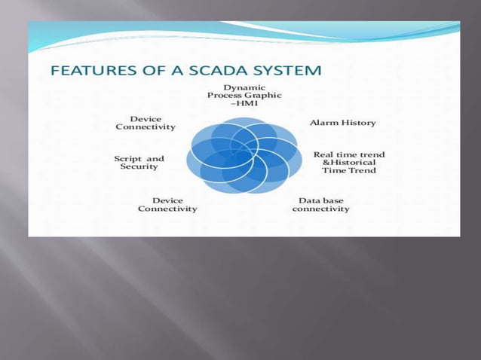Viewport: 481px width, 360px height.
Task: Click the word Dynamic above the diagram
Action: point(239,87)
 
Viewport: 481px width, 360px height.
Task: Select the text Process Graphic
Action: point(239,96)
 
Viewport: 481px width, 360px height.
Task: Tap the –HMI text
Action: point(239,104)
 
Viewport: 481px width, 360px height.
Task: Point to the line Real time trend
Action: point(349,154)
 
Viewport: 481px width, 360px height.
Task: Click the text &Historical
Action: point(349,163)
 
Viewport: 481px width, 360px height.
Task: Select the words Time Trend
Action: point(349,171)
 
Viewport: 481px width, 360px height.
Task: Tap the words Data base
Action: point(320,200)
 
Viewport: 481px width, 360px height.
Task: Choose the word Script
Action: point(127,159)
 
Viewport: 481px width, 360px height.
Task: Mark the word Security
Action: point(139,167)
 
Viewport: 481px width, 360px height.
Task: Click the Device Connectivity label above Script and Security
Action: point(145,123)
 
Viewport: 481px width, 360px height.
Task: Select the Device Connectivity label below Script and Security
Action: point(167,204)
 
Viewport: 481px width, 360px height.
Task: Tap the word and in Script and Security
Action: point(155,159)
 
